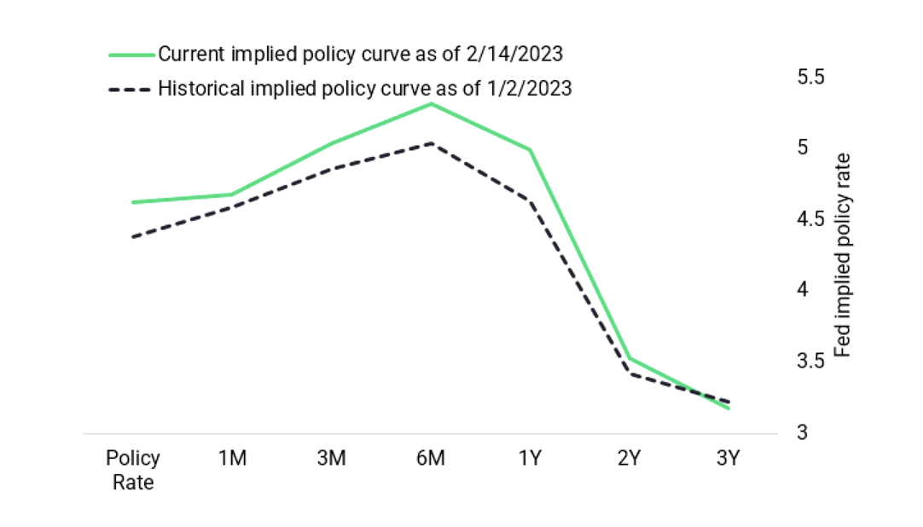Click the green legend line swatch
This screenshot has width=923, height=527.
click(131, 54)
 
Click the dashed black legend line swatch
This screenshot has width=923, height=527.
click(131, 89)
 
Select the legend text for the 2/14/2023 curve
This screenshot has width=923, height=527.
click(360, 54)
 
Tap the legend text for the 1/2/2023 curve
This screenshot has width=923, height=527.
click(364, 89)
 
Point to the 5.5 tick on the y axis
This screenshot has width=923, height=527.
click(810, 77)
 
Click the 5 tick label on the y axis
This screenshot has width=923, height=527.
click(802, 148)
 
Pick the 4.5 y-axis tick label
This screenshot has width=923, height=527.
click(810, 219)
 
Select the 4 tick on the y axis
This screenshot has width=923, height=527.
click(802, 290)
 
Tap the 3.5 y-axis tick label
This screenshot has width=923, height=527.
click(810, 362)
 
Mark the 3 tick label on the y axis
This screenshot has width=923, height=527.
click(802, 432)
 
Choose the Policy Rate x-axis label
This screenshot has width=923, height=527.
click(133, 470)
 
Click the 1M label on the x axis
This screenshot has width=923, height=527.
click(232, 459)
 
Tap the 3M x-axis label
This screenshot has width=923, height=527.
click(331, 459)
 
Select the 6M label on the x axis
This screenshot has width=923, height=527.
click(431, 459)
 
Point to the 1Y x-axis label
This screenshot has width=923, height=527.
click(530, 459)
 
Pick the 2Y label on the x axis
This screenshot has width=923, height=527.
click(630, 459)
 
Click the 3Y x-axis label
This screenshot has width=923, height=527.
click(728, 459)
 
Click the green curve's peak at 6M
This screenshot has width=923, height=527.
click(431, 104)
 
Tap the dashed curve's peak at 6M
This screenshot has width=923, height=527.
click(431, 143)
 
